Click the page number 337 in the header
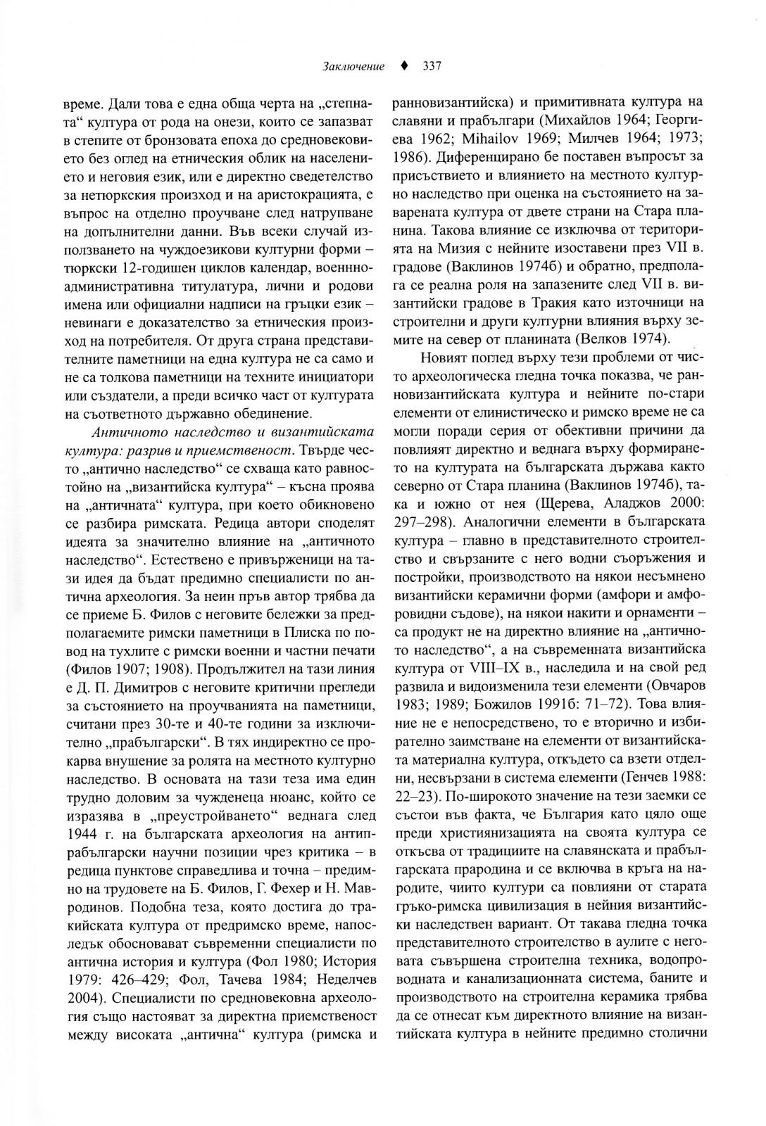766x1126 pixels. pyautogui.click(x=432, y=67)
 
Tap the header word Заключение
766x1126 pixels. pyautogui.click(x=353, y=67)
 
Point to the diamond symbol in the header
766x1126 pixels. pyautogui.click(x=403, y=67)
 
